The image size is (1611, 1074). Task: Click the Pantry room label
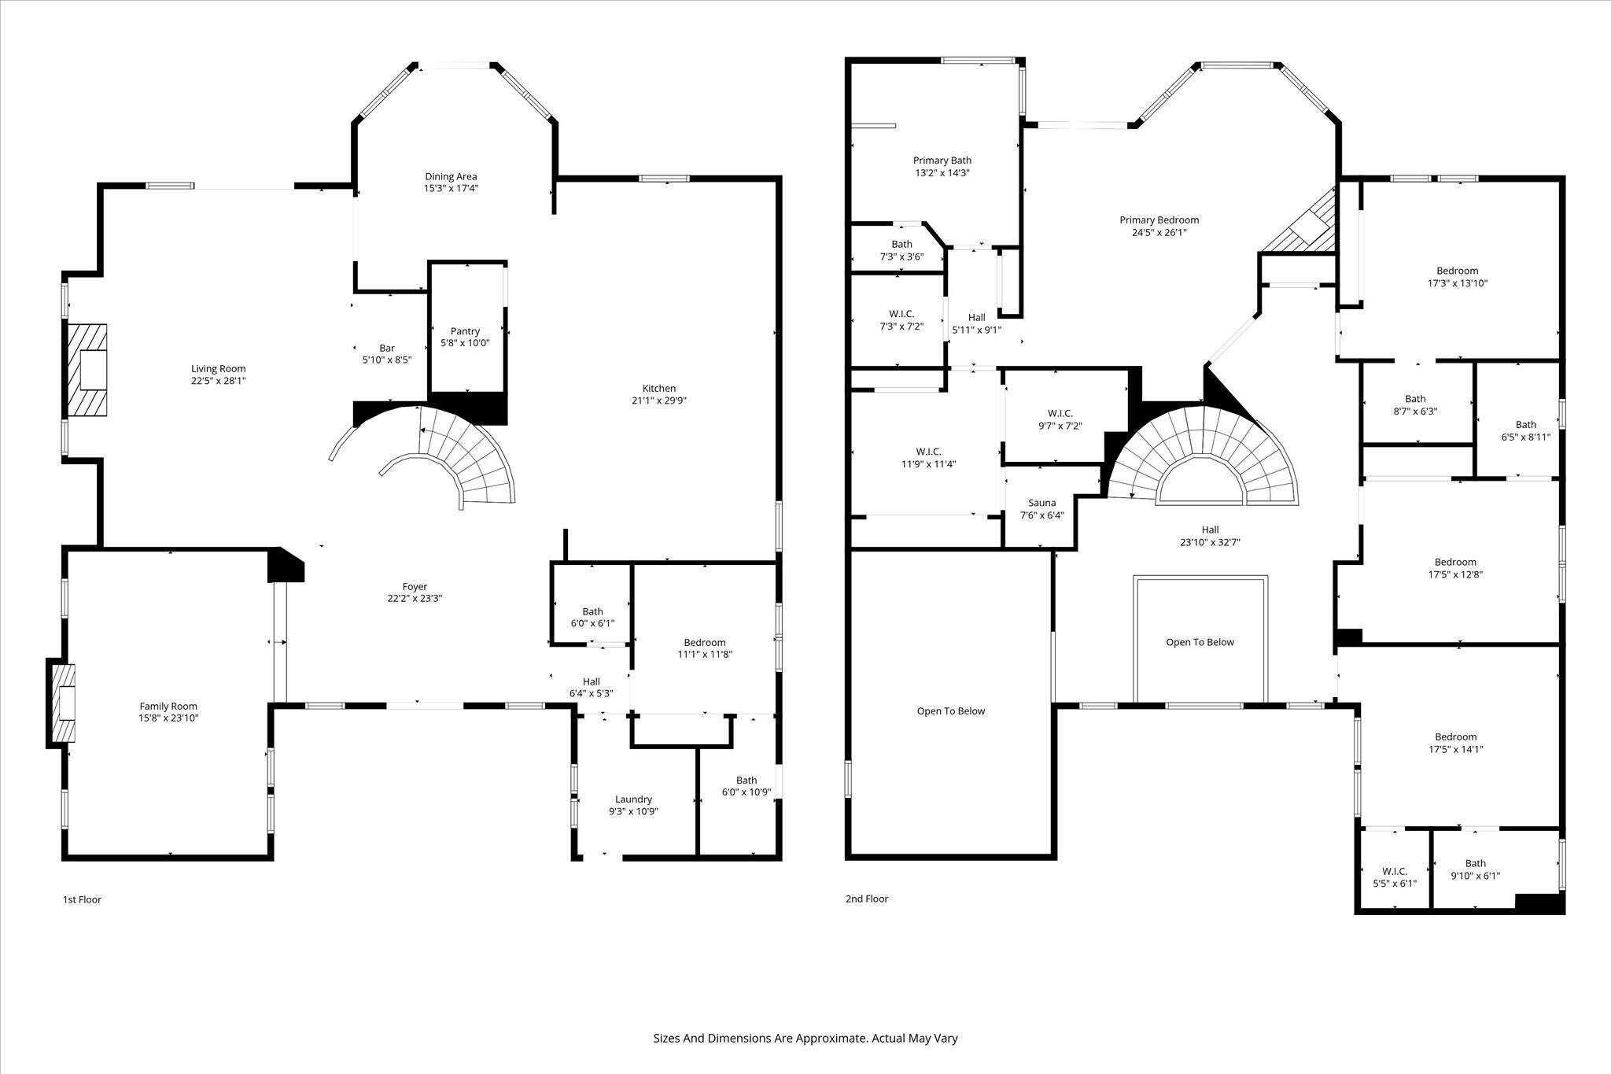pos(465,331)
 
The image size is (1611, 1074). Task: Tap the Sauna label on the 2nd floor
pos(1042,503)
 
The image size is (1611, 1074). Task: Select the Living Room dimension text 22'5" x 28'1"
pos(218,381)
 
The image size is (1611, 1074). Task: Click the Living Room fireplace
pos(87,370)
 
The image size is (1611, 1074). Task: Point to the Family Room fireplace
pos(63,703)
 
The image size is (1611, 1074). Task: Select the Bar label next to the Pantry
pos(386,348)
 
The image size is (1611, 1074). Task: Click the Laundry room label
pos(633,799)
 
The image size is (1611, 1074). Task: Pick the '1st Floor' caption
pos(82,899)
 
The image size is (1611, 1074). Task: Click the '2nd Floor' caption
pos(866,899)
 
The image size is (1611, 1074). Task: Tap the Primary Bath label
pos(942,161)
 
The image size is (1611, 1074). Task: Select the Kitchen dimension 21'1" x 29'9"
pos(658,400)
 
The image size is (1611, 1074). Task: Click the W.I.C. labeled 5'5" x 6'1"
pos(1394,877)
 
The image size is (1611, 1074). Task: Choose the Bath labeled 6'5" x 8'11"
pos(1525,431)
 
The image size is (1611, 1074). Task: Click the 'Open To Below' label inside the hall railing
pos(1200,642)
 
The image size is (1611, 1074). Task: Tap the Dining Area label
pos(451,176)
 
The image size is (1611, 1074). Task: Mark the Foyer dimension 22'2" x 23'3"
pos(415,599)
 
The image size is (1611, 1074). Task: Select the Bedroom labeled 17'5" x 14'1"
pos(1454,744)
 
